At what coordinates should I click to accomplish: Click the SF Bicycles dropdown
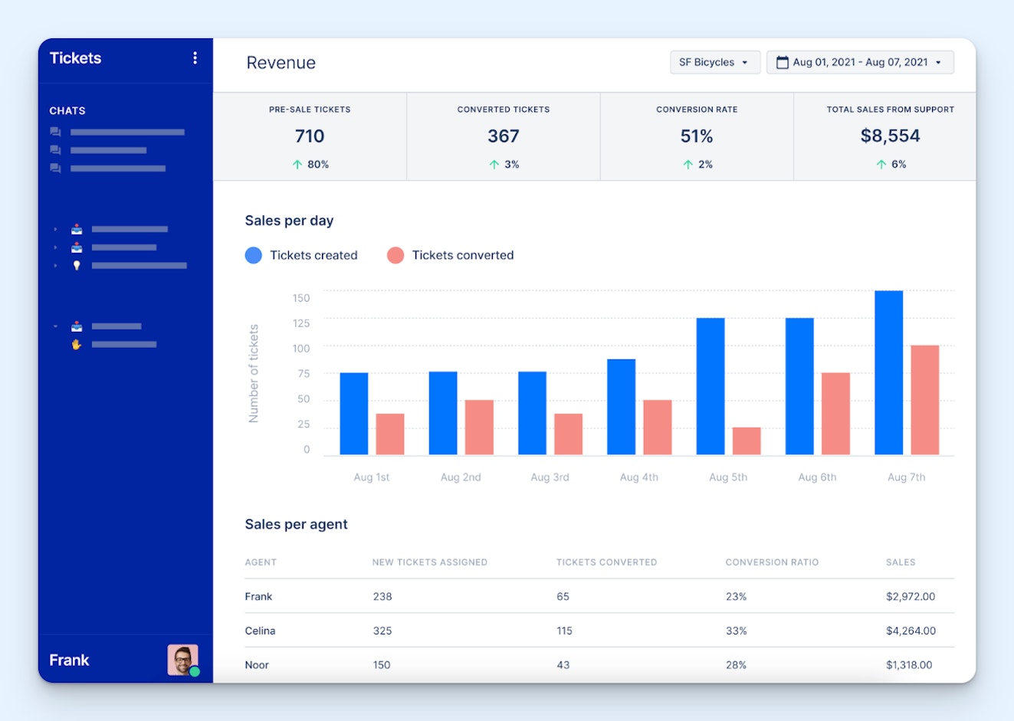tap(714, 62)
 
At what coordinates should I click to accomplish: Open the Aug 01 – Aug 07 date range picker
tap(859, 62)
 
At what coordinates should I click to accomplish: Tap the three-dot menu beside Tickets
tap(195, 58)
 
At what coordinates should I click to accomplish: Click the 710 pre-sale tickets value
tap(310, 136)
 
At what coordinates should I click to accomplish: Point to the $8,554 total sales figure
tap(890, 136)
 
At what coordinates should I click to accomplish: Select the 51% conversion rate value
tap(697, 136)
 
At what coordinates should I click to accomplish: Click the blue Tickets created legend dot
tap(254, 255)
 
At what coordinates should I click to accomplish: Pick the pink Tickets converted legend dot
tap(395, 255)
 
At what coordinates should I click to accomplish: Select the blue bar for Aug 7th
tap(888, 372)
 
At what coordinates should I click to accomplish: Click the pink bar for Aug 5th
tap(747, 441)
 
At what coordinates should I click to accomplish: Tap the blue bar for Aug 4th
tap(621, 407)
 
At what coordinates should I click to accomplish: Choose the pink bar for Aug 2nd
tap(479, 427)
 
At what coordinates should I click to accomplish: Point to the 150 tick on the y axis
tap(301, 298)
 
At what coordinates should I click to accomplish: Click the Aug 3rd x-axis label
tap(550, 477)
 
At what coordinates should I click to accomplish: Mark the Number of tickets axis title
tap(254, 373)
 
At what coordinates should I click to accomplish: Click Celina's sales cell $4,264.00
tap(911, 631)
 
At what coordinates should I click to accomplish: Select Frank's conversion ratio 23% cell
tap(736, 596)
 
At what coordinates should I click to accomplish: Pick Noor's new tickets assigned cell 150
tap(382, 665)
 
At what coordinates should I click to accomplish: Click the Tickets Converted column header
tap(606, 562)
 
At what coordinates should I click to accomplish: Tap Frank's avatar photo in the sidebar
tap(182, 660)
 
